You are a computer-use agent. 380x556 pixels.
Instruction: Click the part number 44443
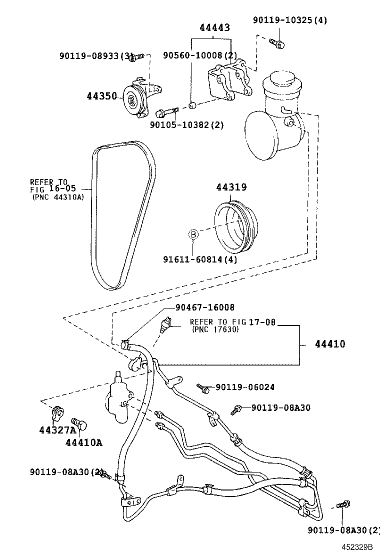[215, 28]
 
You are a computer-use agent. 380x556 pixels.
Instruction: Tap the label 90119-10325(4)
[289, 20]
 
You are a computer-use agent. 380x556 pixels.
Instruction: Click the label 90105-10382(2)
[186, 125]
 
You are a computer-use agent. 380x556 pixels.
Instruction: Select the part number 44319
[231, 187]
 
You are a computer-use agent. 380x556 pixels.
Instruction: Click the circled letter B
[193, 233]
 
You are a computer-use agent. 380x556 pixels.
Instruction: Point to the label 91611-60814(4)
[200, 259]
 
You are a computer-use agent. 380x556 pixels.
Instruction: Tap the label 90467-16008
[204, 307]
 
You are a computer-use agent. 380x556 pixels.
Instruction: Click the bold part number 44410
[330, 344]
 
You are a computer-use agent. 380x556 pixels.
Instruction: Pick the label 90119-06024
[245, 387]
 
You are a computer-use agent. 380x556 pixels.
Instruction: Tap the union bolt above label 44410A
[79, 424]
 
